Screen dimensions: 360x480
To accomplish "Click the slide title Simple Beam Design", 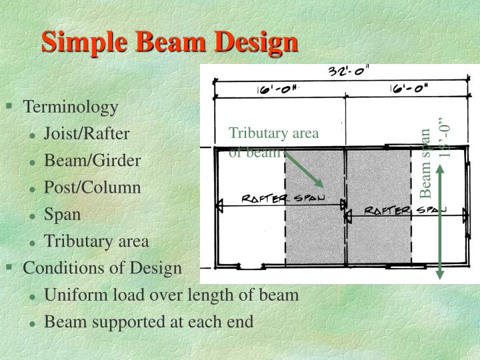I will [169, 42].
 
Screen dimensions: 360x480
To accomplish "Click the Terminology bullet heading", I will [71, 107].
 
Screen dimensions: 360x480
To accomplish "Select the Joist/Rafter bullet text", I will [87, 134].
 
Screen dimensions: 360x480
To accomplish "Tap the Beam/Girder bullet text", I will [92, 161].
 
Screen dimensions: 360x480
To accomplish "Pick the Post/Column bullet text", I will [92, 187].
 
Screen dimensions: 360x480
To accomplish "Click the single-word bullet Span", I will [62, 214].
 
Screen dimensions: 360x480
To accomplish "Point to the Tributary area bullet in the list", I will [96, 241].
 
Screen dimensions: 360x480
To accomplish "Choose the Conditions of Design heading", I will [102, 268].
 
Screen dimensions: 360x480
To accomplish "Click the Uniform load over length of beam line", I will [171, 295].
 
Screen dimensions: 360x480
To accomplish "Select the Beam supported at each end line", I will [149, 322].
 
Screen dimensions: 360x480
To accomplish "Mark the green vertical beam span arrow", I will [440, 220].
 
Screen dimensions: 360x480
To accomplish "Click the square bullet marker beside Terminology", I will [9, 106].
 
